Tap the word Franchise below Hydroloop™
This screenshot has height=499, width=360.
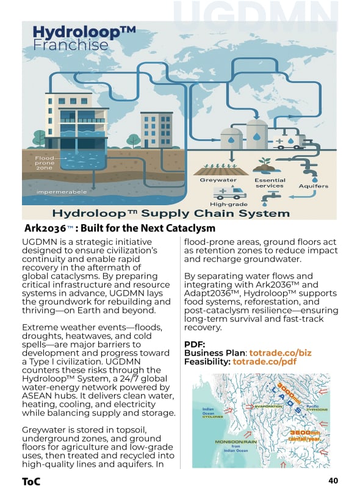(x=70, y=45)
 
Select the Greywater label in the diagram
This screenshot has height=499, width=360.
(x=218, y=180)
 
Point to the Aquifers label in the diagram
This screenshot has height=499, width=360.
(x=314, y=186)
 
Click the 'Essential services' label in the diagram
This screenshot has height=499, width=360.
(x=269, y=183)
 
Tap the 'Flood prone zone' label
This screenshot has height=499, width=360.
(x=44, y=163)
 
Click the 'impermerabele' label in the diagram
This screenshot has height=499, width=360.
(x=52, y=192)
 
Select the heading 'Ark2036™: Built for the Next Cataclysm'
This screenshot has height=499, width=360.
(x=120, y=228)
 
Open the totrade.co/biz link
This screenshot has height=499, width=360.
(x=280, y=353)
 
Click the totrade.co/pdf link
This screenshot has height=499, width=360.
(x=264, y=362)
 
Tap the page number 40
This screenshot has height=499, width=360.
(x=333, y=481)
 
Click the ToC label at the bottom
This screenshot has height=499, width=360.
(x=31, y=481)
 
